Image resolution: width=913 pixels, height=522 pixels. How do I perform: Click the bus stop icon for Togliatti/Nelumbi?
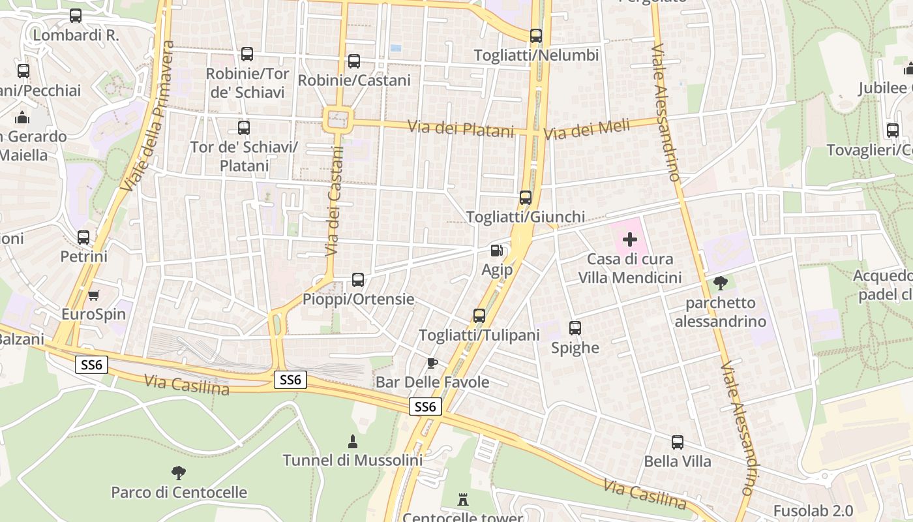536,36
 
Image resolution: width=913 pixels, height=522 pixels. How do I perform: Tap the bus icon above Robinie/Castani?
354,61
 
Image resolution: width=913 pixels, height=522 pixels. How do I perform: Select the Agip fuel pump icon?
497,251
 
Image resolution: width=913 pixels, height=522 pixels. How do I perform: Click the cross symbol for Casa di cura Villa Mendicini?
630,239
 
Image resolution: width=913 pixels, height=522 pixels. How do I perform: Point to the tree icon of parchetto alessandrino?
721,283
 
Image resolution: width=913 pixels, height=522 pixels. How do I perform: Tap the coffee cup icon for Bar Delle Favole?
431,363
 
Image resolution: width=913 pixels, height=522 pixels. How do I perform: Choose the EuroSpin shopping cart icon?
94,295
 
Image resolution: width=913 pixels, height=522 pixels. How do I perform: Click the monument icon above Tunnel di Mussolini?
353,441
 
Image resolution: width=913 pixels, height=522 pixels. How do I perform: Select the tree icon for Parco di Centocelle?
179,472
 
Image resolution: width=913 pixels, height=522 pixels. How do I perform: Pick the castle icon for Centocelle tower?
463,500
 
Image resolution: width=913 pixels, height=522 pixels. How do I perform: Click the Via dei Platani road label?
461,129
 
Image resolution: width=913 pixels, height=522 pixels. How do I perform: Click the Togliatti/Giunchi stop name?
526,217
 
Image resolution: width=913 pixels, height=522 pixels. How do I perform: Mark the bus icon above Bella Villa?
678,442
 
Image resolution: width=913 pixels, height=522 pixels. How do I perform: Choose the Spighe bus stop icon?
575,328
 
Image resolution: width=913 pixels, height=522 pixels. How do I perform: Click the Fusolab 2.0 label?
813,510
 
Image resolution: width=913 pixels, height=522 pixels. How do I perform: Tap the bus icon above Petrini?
83,238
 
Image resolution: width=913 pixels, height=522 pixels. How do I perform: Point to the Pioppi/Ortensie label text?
358,299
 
